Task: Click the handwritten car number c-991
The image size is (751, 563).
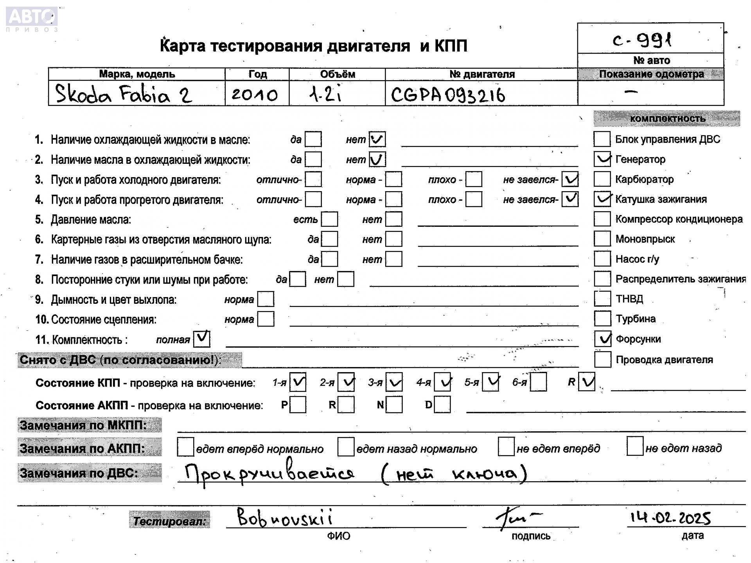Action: pos(642,39)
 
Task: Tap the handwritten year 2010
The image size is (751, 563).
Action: pos(254,95)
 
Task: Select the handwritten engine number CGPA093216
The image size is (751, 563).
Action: pos(448,95)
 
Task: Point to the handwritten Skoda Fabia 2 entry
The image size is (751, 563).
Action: pos(124,94)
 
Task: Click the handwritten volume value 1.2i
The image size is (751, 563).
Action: pos(325,95)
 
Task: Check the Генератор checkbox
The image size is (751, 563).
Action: pos(602,159)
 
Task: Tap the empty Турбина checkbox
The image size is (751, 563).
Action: pos(602,318)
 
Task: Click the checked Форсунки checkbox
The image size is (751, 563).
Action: pos(602,339)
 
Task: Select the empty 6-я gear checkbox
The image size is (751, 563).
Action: pos(539,382)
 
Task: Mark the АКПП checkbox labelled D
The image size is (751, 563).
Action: pos(442,405)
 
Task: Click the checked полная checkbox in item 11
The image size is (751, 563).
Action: pos(202,339)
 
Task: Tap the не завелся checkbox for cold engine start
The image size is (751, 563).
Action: pos(570,179)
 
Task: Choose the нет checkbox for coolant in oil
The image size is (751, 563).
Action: pos(377,139)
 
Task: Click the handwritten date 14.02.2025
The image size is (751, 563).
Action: pos(670,518)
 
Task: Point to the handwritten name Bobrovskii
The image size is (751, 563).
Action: pos(285,518)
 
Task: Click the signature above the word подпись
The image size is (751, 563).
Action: pos(516,518)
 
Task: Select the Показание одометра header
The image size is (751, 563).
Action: pos(651,74)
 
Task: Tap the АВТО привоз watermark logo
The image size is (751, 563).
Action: pos(32,19)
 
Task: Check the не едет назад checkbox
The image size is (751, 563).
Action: pos(634,447)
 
